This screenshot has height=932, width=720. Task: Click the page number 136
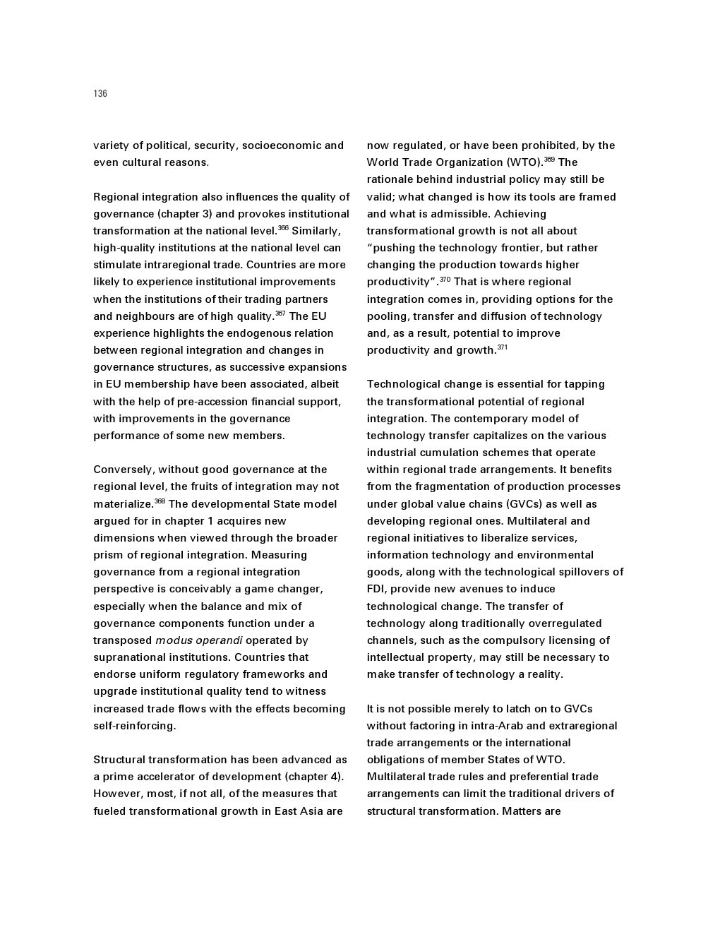coord(100,94)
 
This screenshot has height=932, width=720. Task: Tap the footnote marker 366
coord(283,228)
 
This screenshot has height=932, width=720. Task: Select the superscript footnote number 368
coord(160,501)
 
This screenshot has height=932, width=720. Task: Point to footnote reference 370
coord(445,280)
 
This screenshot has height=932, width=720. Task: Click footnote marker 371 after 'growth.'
coord(502,347)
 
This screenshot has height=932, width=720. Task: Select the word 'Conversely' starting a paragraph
coord(124,470)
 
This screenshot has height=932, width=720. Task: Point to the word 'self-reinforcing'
coord(133,726)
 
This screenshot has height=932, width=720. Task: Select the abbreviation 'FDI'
coord(376,589)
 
